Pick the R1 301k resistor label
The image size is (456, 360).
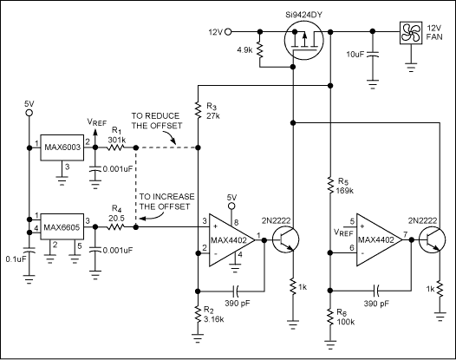click(x=115, y=134)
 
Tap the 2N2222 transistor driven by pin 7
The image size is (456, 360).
click(x=430, y=243)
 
